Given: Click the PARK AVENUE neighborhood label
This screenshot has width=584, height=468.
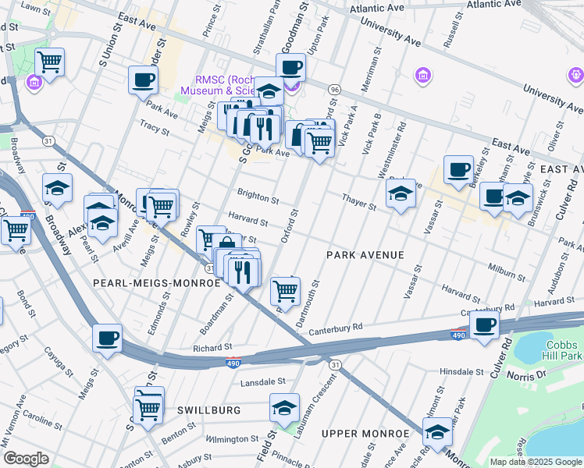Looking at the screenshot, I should point(365,255).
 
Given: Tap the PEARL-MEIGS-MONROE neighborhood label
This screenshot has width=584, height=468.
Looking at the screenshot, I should point(157,282).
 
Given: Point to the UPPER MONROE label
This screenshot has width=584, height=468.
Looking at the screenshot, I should point(358,433).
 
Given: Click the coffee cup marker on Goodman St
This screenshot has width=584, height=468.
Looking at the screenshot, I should point(290,68).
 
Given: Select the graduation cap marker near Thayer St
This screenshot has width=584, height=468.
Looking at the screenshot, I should point(401,193).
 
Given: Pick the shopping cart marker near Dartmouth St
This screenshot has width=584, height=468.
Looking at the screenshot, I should point(285,291).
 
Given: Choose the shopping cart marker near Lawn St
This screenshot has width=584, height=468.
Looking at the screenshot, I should point(50,61).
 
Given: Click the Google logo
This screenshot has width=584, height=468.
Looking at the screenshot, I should point(26,459).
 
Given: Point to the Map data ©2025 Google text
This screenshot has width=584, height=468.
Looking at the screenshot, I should point(536,462).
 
